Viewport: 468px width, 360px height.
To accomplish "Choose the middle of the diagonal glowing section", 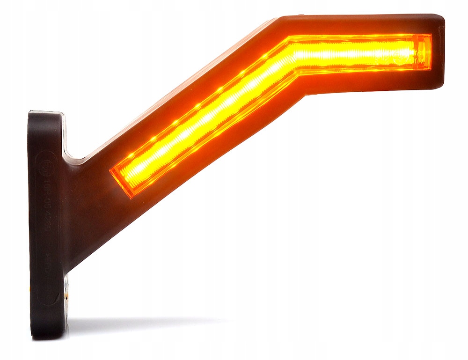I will point(206,117).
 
